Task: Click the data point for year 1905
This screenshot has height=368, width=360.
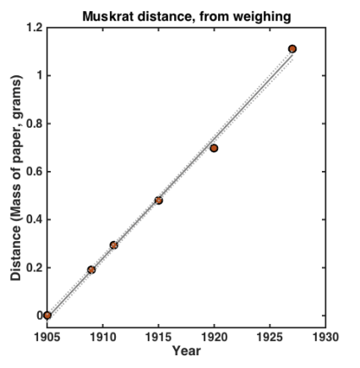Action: point(47,316)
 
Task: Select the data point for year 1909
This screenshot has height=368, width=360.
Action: point(91,270)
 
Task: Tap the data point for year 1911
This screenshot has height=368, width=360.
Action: point(113,245)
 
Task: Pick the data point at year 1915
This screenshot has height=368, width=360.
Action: point(158,200)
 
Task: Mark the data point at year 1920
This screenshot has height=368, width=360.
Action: point(214,148)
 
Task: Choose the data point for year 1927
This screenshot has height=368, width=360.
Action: point(292,49)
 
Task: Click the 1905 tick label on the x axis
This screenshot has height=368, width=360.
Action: point(46,336)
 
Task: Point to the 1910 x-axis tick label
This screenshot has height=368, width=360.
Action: point(102,336)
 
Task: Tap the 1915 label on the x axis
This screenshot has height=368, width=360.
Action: point(158,336)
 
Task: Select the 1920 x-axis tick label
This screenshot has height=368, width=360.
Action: point(214,336)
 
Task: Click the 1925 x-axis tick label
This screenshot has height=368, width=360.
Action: point(270,336)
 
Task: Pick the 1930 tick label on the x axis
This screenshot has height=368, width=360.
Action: point(325,336)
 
